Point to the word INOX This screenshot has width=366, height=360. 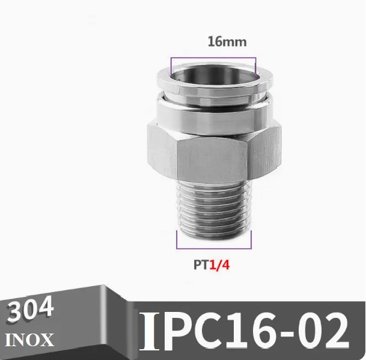pyautogui.click(x=29, y=340)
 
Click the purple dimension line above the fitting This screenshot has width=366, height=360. pyautogui.click(x=213, y=58)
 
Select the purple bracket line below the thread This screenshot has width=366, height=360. pyautogui.click(x=213, y=248)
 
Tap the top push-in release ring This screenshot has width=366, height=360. pyautogui.click(x=213, y=85)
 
